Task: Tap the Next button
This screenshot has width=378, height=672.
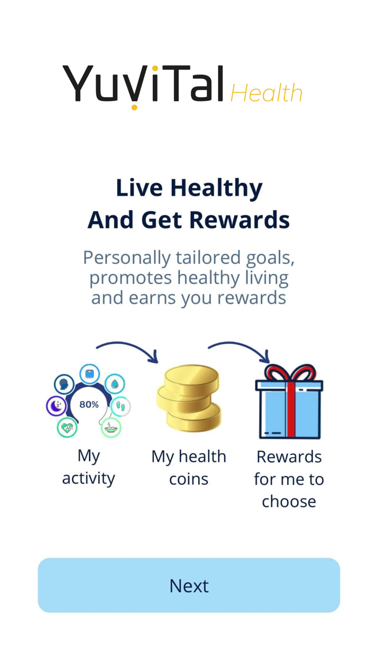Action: (189, 586)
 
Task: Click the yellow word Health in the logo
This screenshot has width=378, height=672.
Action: (266, 93)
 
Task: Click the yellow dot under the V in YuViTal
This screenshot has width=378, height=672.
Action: (134, 106)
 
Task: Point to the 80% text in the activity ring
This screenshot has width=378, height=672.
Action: (89, 404)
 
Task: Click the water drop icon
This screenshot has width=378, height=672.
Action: (114, 384)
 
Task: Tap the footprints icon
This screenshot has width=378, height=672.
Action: (120, 406)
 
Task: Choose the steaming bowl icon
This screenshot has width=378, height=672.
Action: (111, 427)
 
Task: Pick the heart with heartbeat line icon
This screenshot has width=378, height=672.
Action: (67, 427)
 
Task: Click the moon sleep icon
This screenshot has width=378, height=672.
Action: (57, 406)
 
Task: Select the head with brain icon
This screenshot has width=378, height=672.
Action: (64, 385)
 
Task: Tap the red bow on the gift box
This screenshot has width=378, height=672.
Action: (289, 373)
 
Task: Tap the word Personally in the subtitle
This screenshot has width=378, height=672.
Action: (126, 257)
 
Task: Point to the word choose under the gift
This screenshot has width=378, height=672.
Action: (289, 501)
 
